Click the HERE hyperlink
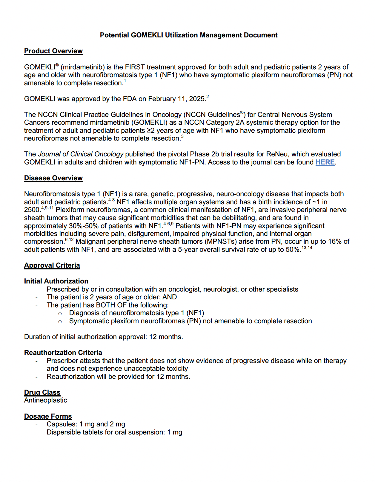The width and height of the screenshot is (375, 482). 325,162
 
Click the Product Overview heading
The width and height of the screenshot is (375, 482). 53,51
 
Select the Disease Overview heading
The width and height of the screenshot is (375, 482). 53,178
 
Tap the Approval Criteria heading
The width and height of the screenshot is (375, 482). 52,266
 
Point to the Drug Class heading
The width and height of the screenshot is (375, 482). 42,393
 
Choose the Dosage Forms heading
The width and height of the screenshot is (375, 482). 48,417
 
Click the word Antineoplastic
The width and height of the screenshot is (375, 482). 45,400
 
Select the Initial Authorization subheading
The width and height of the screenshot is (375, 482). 56,281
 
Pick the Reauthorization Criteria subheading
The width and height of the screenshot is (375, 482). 63,353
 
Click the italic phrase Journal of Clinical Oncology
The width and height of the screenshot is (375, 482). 81,154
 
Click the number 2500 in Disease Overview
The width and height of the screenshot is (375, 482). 32,210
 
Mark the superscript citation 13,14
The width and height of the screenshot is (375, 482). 307,248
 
